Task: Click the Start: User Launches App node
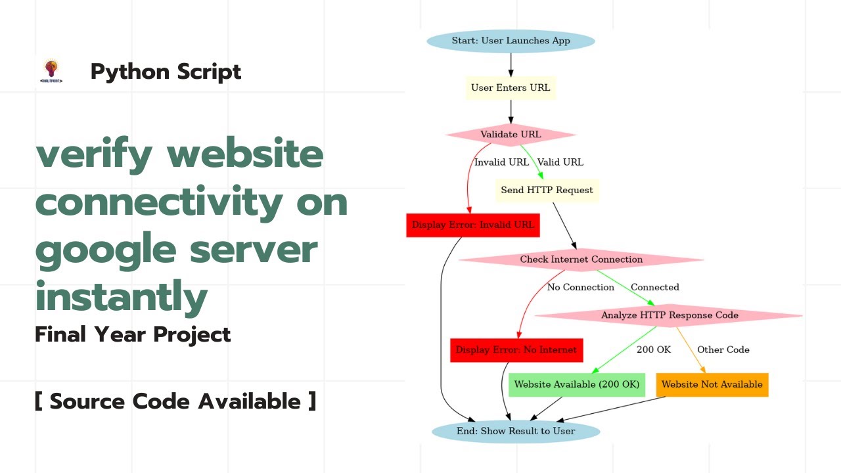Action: tap(511, 41)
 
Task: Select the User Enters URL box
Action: tap(511, 88)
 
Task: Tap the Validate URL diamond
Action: tap(511, 135)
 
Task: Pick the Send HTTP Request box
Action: tap(547, 191)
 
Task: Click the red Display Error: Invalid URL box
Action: tap(473, 225)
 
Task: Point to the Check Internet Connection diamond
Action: tap(581, 259)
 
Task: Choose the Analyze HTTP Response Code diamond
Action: tap(670, 315)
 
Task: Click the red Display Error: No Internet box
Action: tap(516, 350)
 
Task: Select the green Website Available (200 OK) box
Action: tap(577, 385)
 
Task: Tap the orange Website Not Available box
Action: tap(712, 385)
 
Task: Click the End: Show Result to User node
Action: tap(516, 432)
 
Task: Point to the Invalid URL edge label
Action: tap(501, 162)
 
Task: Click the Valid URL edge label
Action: tap(560, 162)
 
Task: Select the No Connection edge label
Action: tap(581, 288)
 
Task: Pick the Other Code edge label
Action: tap(723, 350)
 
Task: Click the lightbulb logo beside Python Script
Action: tap(51, 70)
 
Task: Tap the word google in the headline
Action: tap(106, 250)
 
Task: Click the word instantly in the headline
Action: tap(122, 298)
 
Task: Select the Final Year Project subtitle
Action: tap(133, 335)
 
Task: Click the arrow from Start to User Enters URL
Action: tap(511, 64)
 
